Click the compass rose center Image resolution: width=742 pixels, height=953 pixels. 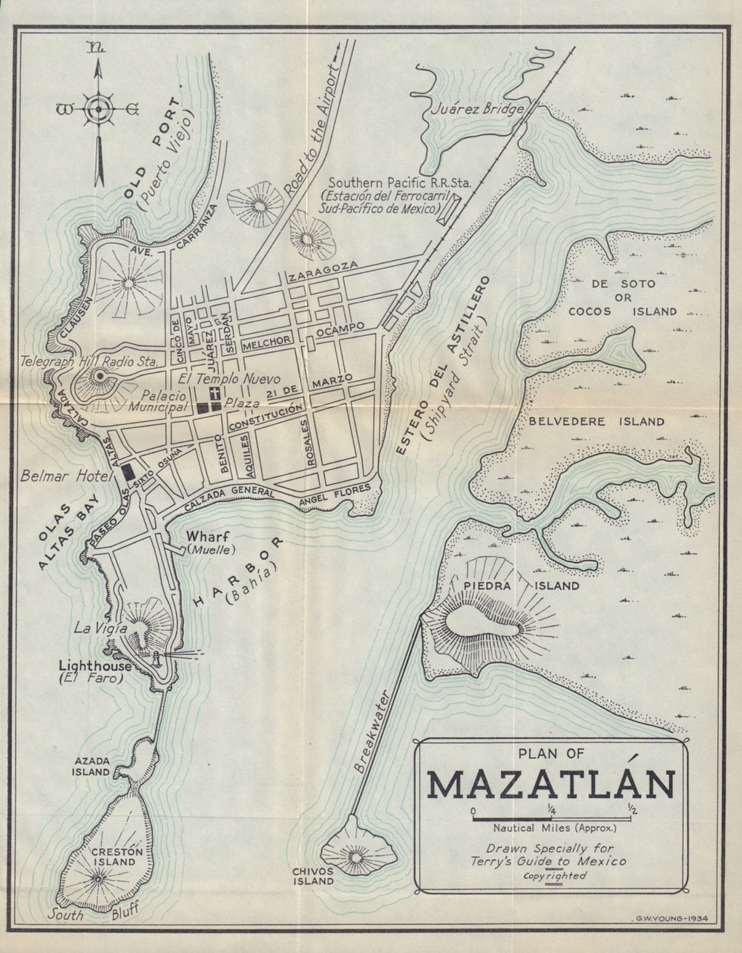click(97, 109)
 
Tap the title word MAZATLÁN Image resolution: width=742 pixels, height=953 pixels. click(551, 785)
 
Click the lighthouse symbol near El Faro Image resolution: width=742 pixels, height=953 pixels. click(157, 657)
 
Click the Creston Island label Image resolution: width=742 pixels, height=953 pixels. click(113, 857)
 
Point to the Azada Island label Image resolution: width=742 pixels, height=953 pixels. click(91, 766)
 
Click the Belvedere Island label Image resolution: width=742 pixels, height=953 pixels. click(596, 422)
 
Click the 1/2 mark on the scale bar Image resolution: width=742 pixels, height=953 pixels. click(631, 809)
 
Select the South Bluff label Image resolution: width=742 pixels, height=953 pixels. click(93, 914)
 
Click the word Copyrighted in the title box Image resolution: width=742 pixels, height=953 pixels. click(554, 876)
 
